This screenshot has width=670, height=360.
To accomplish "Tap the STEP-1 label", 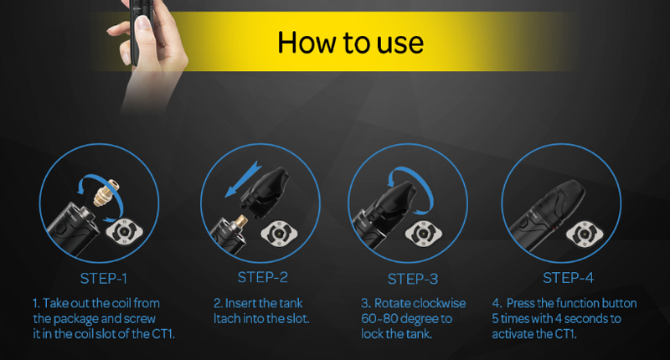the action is click(x=103, y=279).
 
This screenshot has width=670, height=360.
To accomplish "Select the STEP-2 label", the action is click(x=262, y=277).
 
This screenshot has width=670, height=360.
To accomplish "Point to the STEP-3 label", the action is click(x=412, y=279).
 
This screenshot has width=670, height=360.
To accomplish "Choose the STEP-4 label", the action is click(x=568, y=278).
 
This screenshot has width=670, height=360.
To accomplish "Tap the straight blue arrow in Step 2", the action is click(x=243, y=179).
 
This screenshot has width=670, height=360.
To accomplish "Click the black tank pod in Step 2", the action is click(x=265, y=191).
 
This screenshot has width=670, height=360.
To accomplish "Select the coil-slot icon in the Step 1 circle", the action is click(x=124, y=231).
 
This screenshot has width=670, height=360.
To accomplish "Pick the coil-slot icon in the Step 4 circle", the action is click(x=584, y=234).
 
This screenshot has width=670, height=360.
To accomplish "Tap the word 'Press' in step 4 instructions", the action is click(x=520, y=303).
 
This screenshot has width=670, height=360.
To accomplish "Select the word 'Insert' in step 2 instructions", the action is click(x=240, y=303).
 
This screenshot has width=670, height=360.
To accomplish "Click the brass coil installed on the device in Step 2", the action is click(x=240, y=222).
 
